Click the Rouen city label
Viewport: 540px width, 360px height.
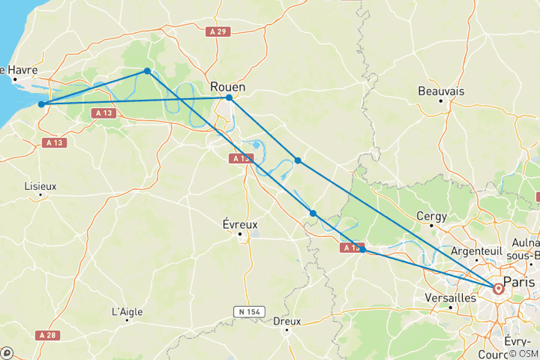pos(229,86)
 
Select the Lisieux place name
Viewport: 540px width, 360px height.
pos(40,185)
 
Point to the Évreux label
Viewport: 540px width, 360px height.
pos(240,223)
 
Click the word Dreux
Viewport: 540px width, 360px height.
pos(286,321)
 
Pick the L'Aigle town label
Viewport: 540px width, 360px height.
pos(127,311)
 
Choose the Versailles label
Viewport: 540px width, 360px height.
pos(450,298)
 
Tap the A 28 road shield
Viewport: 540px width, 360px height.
pos(47,335)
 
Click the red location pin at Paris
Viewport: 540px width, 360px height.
pos(498,287)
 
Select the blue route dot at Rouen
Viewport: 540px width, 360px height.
pos(229,97)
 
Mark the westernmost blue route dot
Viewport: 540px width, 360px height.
pos(41,104)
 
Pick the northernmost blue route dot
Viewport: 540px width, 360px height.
pos(147,71)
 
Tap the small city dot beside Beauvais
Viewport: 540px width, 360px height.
pos(441,100)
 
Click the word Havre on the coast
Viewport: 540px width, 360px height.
pos(22,70)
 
